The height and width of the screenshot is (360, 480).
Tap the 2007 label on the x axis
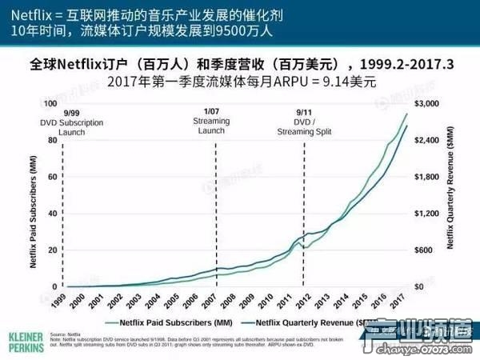[210, 301]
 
